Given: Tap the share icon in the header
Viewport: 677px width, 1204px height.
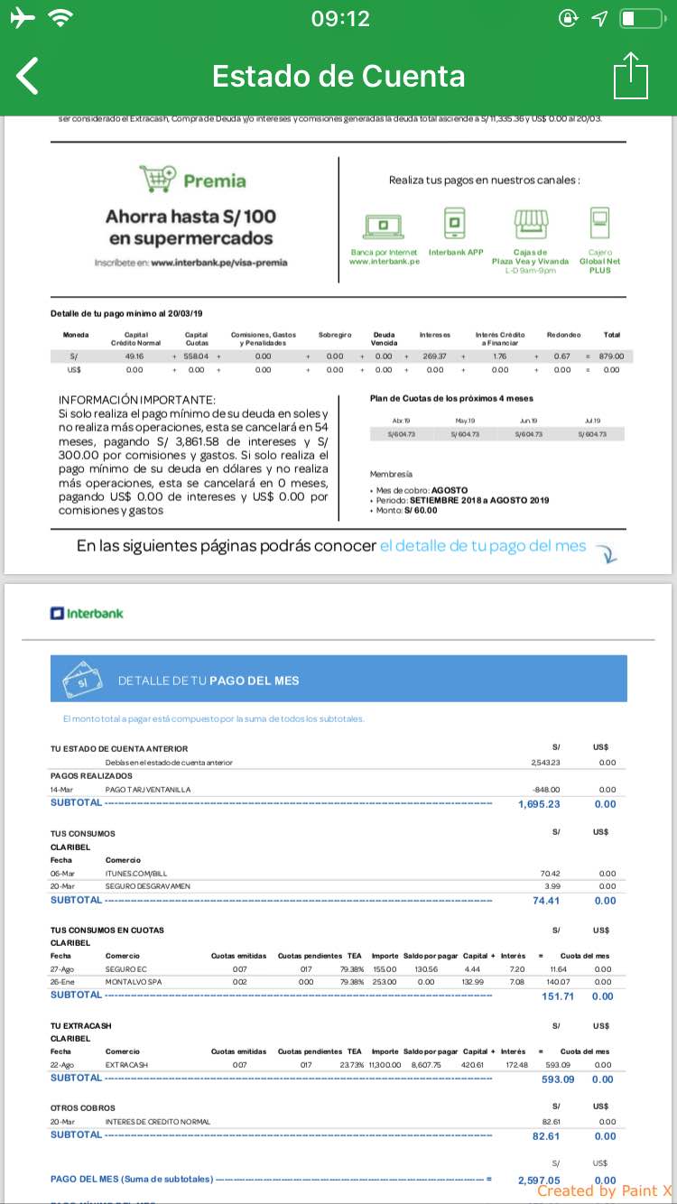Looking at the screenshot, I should pos(630,76).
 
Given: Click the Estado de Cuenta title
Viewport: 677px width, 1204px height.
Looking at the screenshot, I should pos(338,77).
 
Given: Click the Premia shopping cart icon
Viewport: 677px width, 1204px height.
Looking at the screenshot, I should pos(158,179).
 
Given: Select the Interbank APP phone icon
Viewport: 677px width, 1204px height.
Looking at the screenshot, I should pos(455,222).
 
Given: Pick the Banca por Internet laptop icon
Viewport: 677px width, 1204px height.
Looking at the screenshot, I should pos(384,224).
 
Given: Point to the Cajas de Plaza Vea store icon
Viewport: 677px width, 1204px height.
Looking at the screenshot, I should pos(531,222).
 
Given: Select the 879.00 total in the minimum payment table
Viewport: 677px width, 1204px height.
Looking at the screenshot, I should pos(611,357).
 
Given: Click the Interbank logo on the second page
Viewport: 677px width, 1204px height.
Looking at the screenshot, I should pos(87,614).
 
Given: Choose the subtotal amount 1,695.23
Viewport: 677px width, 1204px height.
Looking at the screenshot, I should pos(539,804).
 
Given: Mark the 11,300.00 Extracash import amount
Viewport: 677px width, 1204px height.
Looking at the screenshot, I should pos(383,1065).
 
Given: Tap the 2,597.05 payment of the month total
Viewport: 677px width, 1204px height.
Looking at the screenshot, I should pos(539,1180).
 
